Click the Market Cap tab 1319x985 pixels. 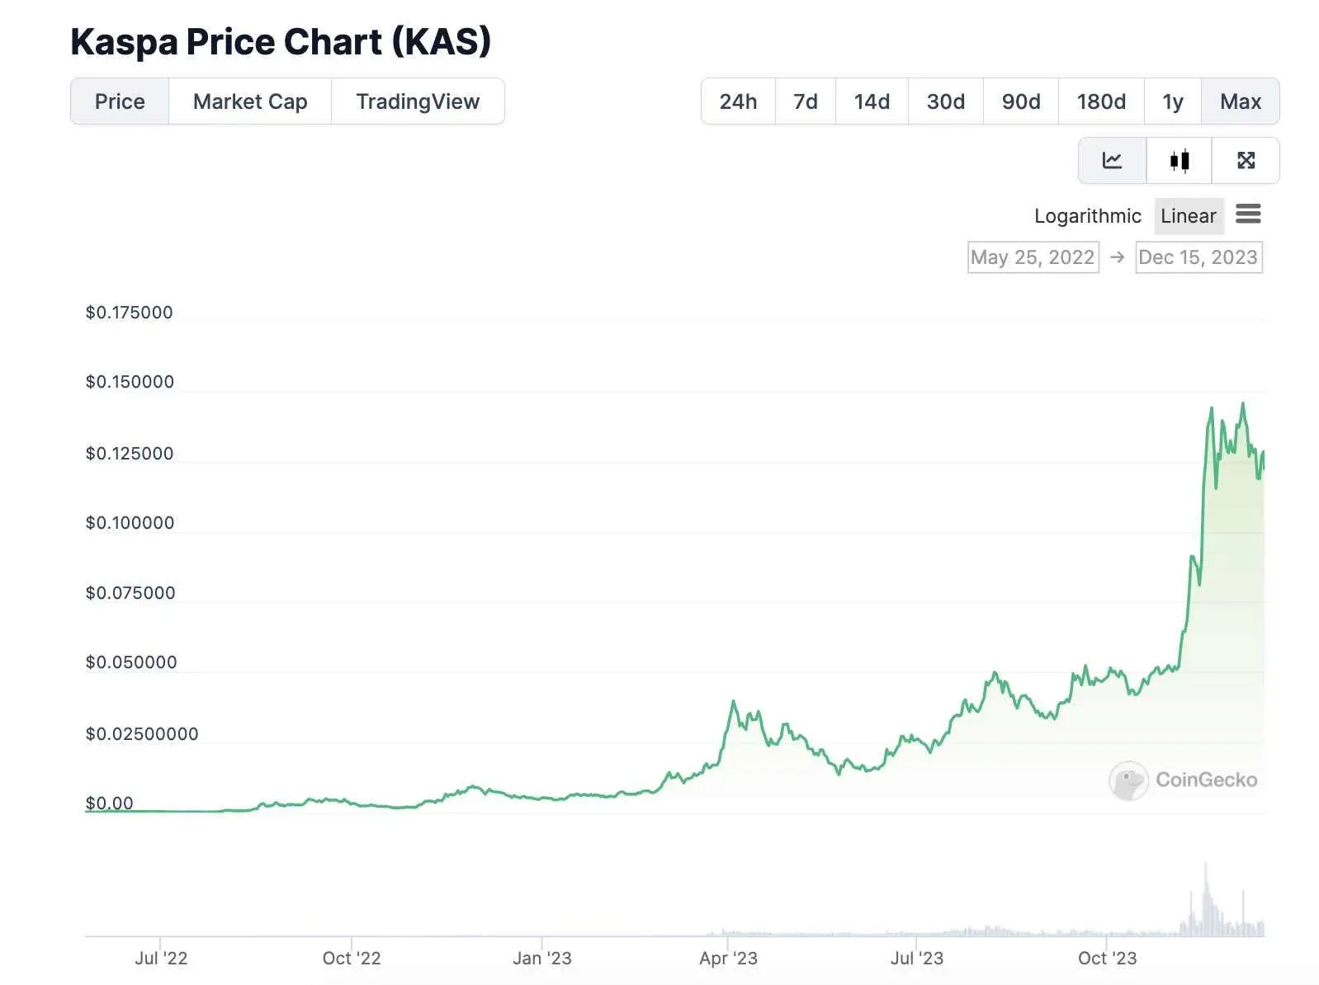[250, 101]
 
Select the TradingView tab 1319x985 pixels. [418, 101]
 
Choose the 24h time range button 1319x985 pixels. [738, 101]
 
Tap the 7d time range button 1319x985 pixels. [805, 101]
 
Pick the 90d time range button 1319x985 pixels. [1020, 101]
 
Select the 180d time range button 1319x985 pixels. [1101, 101]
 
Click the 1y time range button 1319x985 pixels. [1172, 101]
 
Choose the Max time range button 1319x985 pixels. [1240, 101]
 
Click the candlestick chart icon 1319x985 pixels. [1180, 160]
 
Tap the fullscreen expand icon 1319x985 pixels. [1246, 160]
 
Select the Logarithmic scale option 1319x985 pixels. [1087, 216]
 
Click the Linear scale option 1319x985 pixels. [1188, 216]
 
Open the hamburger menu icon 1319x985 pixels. [1248, 214]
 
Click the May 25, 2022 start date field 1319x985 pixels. [1033, 257]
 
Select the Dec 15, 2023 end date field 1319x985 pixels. [1198, 257]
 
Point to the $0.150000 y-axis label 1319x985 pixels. [130, 382]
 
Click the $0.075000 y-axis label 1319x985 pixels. [130, 593]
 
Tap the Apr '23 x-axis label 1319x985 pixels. [728, 959]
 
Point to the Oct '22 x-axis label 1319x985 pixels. [352, 959]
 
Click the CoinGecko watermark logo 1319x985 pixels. [1183, 780]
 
